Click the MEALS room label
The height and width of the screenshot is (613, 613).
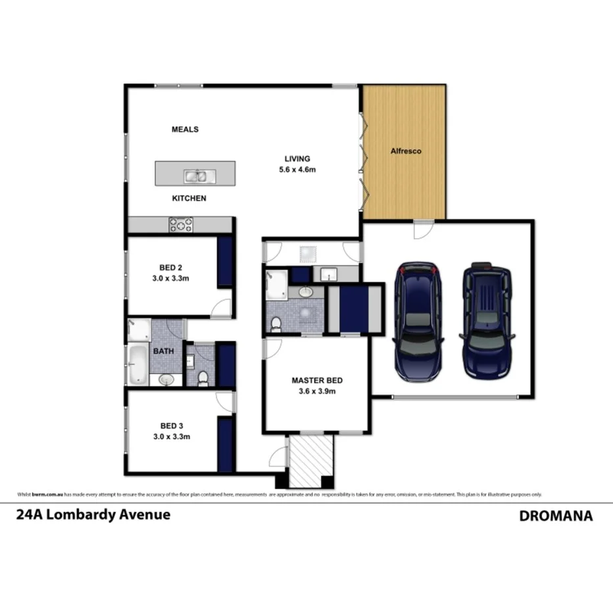coord(185,130)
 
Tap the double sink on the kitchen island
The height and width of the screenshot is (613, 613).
coord(197,176)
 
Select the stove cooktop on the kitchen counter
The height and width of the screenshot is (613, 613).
coord(181,225)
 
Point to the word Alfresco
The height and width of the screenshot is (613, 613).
coord(406,151)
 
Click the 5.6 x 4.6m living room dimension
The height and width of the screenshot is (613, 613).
coord(297,170)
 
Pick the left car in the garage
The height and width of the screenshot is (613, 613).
coord(417,322)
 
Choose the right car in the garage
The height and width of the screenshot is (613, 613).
coord(486,320)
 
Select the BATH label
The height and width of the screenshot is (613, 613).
coord(164,351)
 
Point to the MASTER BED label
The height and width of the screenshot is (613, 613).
coord(317,380)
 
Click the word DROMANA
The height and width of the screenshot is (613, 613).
coord(556,516)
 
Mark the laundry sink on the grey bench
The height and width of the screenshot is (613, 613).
coord(328,274)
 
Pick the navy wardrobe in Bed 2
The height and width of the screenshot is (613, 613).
coord(226,261)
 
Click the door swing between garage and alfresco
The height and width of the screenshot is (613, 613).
coord(419,229)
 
